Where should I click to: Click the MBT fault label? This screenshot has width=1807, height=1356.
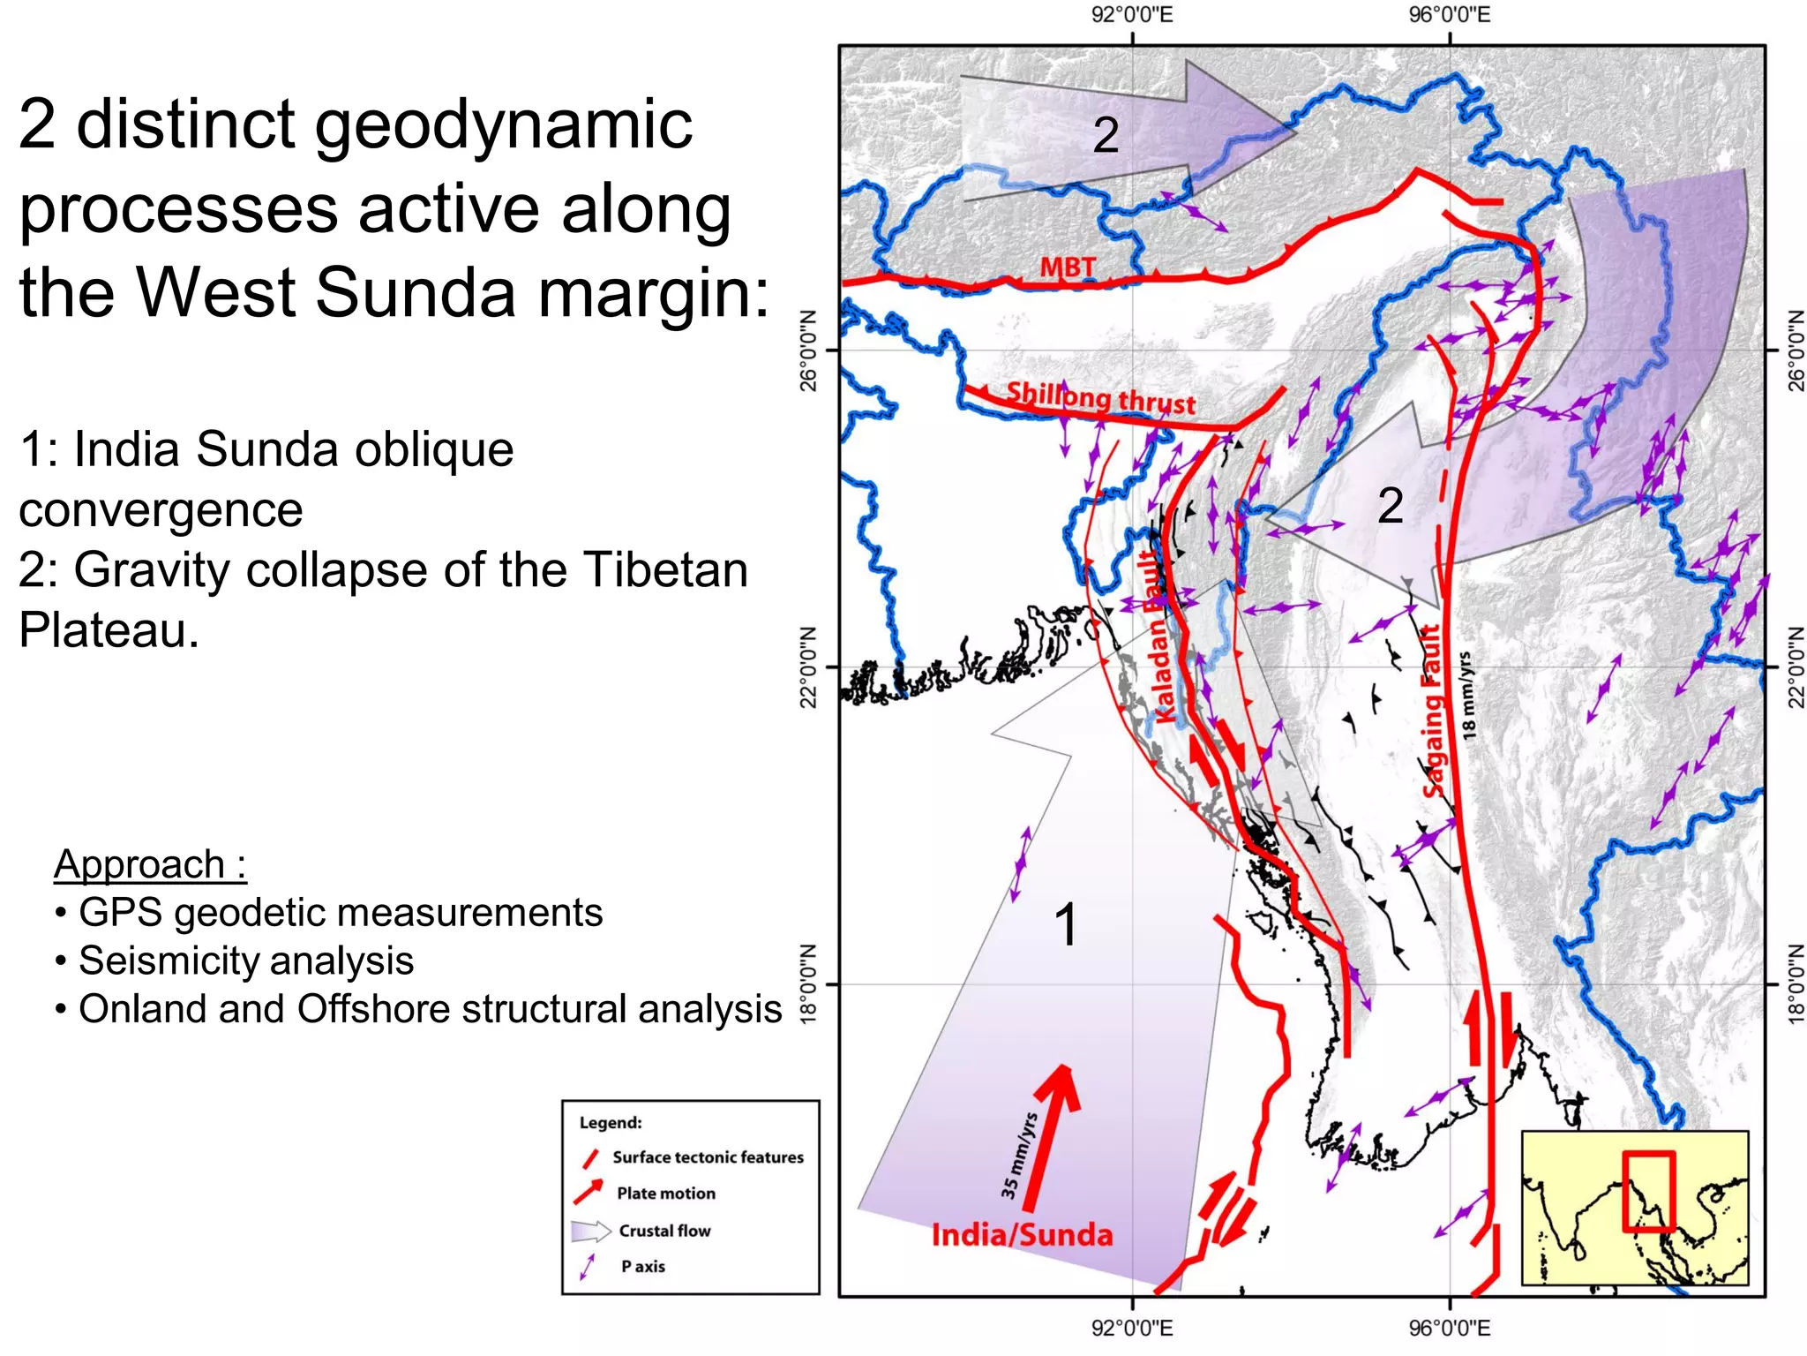click(x=1067, y=267)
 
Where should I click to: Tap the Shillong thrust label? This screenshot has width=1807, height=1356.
click(x=1100, y=397)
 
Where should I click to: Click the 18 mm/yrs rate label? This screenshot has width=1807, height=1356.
click(x=1466, y=695)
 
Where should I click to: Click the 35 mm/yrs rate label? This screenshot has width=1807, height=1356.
click(x=1019, y=1156)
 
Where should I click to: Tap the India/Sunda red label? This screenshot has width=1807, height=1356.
click(x=1022, y=1234)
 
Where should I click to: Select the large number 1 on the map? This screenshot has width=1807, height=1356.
click(x=1066, y=925)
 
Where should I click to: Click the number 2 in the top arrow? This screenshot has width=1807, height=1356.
click(x=1106, y=135)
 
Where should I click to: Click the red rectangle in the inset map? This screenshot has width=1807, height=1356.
click(x=1647, y=1191)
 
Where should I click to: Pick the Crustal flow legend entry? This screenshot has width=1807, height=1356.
click(x=664, y=1231)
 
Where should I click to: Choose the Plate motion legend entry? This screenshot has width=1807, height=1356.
click(x=665, y=1194)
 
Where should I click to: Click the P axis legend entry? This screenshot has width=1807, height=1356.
click(x=642, y=1266)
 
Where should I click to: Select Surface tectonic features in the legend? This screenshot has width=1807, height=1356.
click(x=708, y=1157)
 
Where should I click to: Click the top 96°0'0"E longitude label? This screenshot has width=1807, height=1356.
click(x=1450, y=15)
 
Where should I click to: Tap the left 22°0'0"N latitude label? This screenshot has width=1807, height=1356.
click(x=808, y=667)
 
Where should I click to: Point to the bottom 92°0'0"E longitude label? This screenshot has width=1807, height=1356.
click(x=1132, y=1328)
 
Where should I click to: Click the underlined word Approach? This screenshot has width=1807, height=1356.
click(x=139, y=864)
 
